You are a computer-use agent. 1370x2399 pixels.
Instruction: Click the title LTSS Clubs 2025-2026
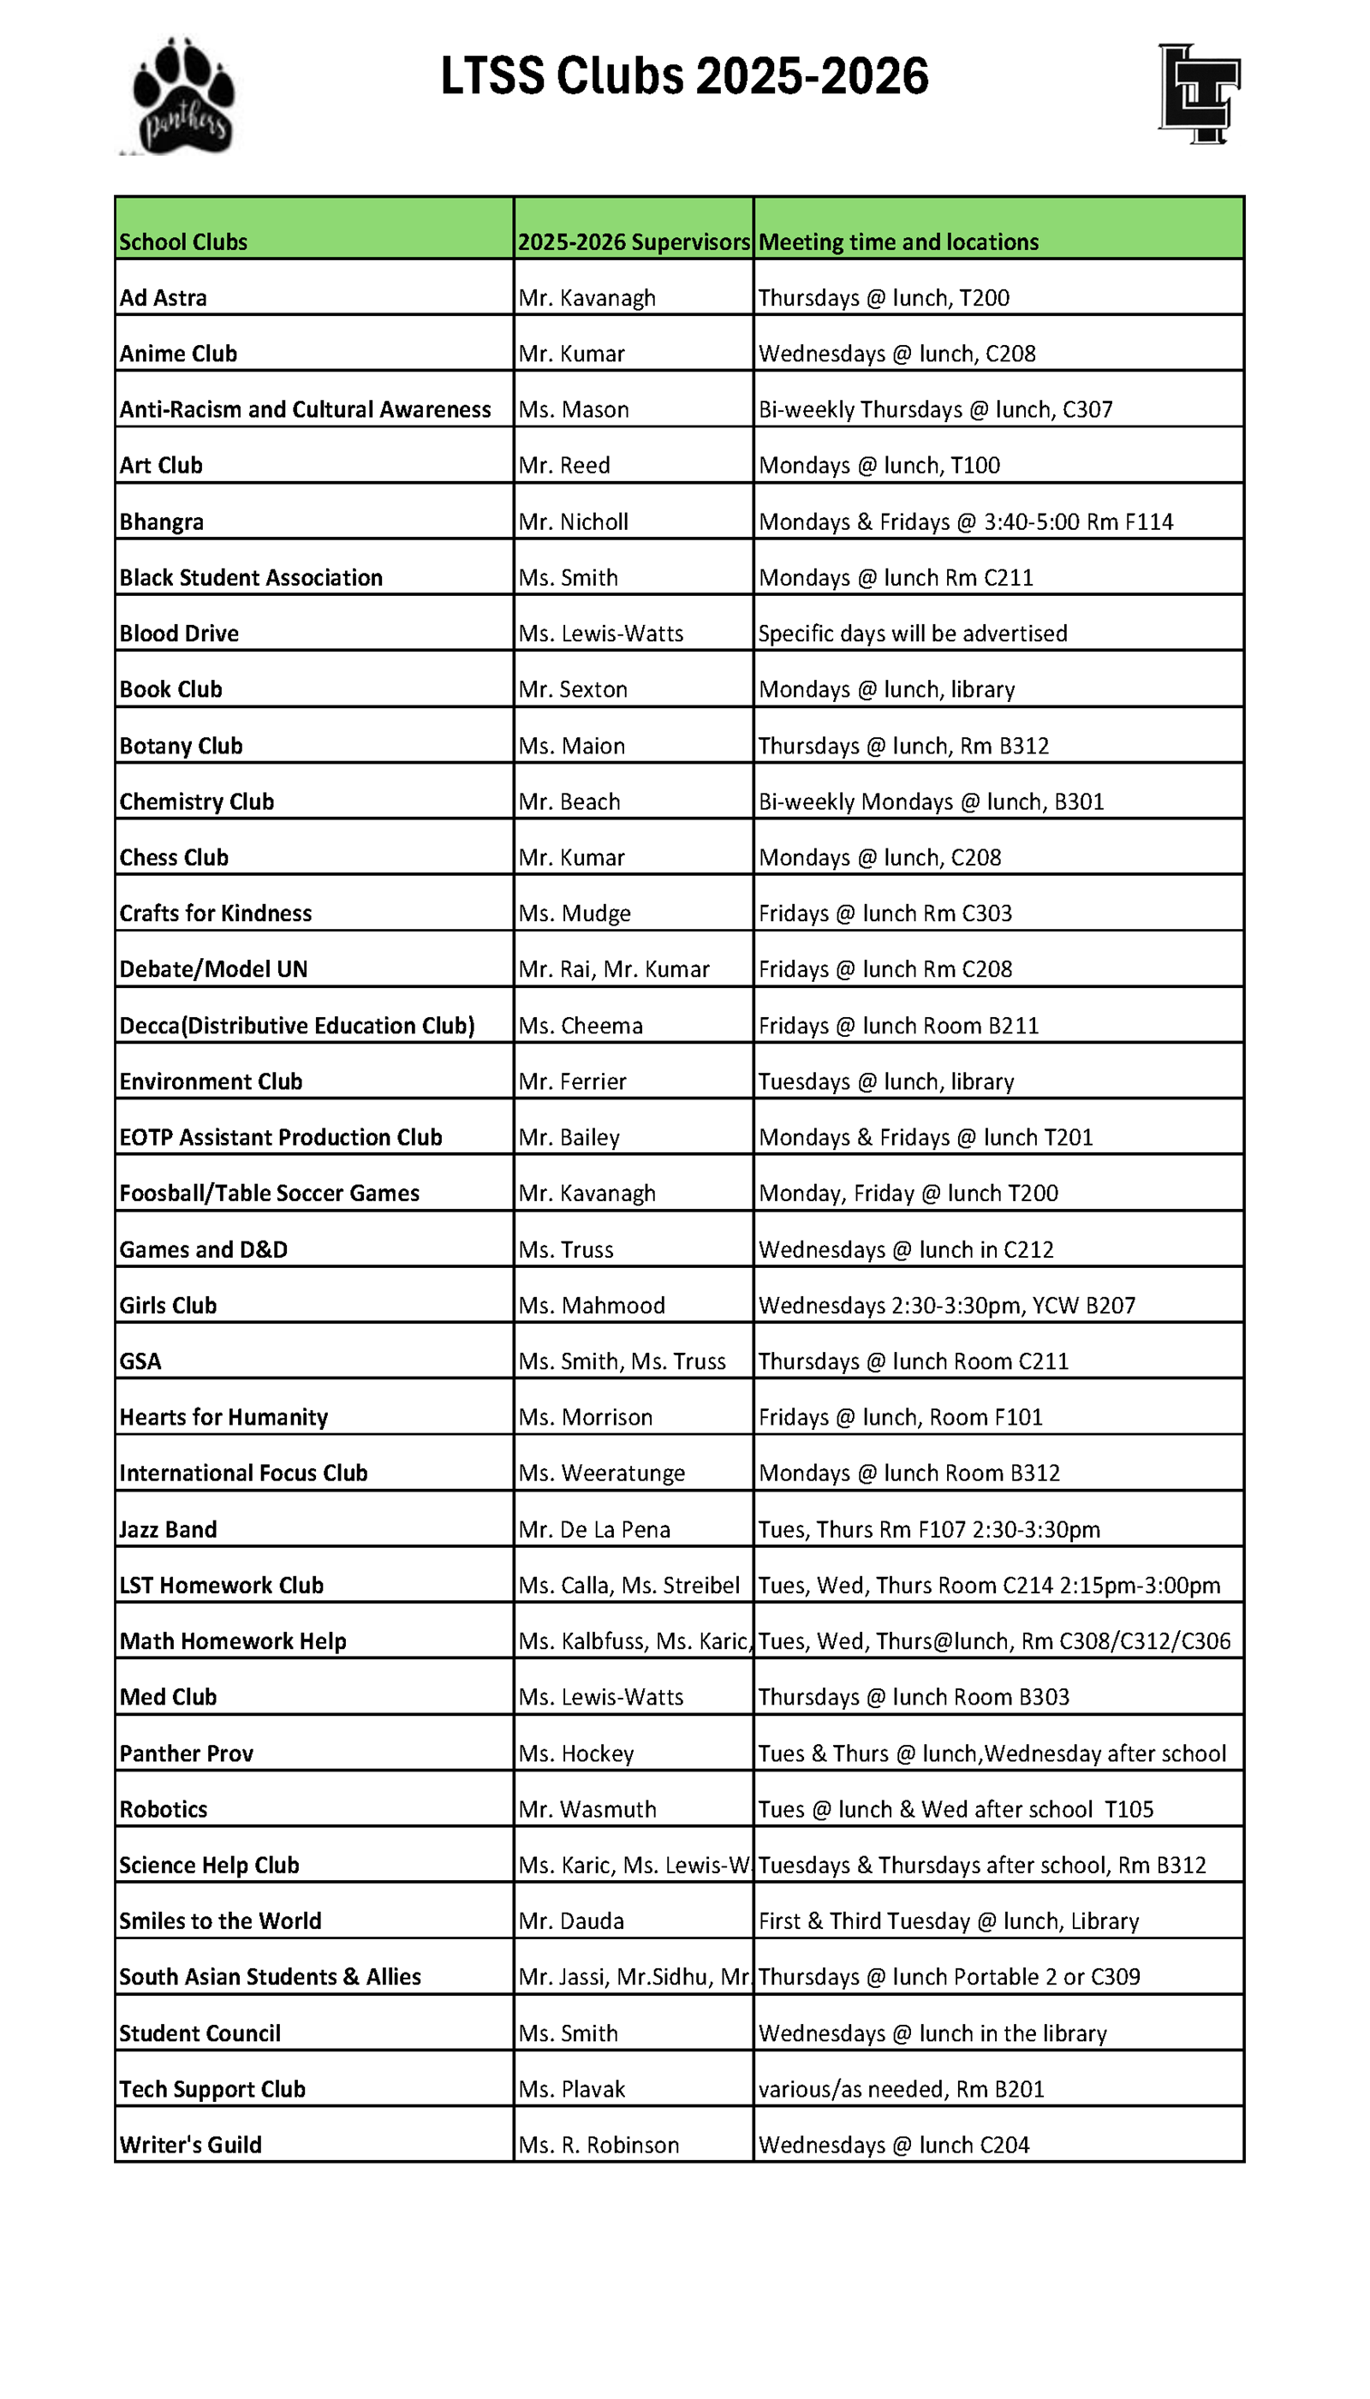[x=684, y=76]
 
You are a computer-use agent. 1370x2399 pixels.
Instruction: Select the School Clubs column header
[x=183, y=241]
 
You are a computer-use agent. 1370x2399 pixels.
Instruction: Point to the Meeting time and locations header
[x=898, y=241]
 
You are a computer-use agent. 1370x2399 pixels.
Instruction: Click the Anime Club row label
[x=178, y=354]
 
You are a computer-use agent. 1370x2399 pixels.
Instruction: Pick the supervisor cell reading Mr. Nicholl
[x=573, y=522]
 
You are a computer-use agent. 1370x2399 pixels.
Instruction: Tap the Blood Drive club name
[x=179, y=634]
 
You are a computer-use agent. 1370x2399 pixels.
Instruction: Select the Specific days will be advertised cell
[x=913, y=634]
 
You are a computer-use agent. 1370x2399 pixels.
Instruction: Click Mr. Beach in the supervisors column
[x=569, y=801]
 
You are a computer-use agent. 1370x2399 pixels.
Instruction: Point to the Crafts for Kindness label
[x=216, y=914]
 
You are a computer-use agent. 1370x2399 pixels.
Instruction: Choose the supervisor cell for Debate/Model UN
[x=613, y=970]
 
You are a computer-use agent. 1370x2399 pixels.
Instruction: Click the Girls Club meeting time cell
[x=946, y=1306]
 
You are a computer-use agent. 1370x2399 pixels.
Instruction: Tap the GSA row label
[x=140, y=1361]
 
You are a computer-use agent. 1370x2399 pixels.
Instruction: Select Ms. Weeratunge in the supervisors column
[x=601, y=1473]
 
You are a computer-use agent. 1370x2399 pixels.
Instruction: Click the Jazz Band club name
[x=168, y=1530]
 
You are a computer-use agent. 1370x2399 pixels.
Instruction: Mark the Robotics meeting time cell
[x=955, y=1809]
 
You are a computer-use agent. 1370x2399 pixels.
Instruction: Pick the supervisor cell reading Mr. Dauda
[x=571, y=1921]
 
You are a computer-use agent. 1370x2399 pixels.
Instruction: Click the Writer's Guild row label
[x=190, y=2145]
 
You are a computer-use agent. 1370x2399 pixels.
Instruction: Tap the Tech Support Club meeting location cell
[x=902, y=2089]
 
